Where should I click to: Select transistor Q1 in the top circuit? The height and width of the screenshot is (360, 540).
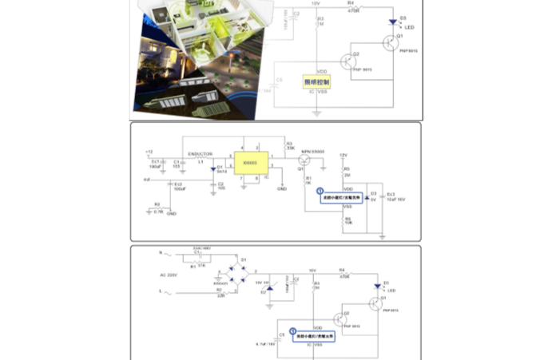tap(389, 43)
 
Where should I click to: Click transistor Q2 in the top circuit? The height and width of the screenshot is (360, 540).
tap(347, 61)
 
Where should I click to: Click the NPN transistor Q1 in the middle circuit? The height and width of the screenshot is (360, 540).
tap(304, 160)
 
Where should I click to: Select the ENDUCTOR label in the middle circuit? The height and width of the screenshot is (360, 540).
tap(200, 153)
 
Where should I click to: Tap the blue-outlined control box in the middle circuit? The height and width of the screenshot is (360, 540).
tap(339, 195)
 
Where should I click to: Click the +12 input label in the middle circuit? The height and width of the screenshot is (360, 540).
tap(149, 152)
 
